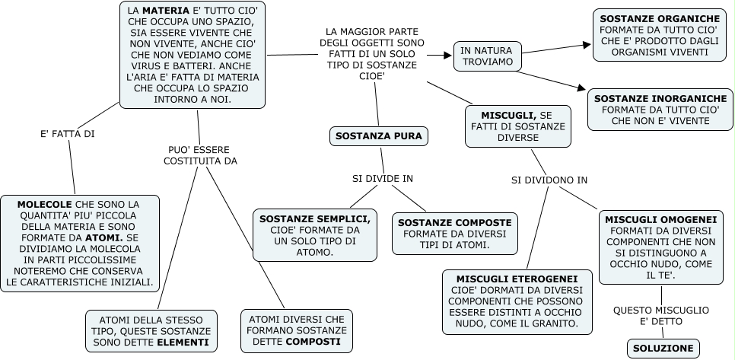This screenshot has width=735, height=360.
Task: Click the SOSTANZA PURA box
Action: [x=378, y=136]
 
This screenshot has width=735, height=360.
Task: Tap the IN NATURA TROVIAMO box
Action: [x=487, y=56]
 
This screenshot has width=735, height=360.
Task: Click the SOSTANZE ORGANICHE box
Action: [x=659, y=36]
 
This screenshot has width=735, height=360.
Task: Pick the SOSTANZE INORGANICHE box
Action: [x=660, y=110]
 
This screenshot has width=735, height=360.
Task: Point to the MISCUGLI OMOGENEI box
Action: [x=660, y=247]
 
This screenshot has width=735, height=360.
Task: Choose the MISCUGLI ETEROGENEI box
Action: [x=517, y=302]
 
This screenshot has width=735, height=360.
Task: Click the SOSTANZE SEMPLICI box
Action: [x=315, y=234]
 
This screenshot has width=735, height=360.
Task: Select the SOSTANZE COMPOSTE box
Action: [x=454, y=234]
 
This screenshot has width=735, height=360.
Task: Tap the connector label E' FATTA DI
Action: [x=67, y=134]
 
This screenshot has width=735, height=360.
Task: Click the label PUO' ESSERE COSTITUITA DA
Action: [x=199, y=155]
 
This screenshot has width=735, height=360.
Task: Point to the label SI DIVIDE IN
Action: [x=382, y=179]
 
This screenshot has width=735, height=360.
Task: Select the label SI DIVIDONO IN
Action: [x=549, y=180]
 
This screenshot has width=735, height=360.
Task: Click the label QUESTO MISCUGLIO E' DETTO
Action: [x=660, y=316]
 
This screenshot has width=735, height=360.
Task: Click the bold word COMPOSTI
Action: [x=313, y=342]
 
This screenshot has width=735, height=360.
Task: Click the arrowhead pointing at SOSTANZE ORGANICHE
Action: [x=587, y=44]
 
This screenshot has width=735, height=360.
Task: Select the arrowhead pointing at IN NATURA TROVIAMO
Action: [x=448, y=55]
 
